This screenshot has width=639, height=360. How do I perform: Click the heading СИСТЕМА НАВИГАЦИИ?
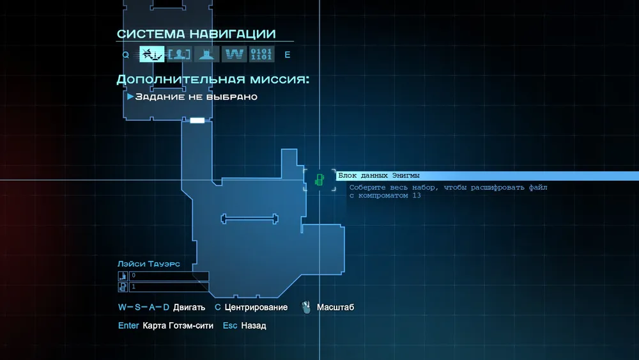pos(196,34)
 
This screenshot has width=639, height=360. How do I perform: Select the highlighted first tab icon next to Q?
pos(152,54)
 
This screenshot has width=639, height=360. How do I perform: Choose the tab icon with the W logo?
pos(235,54)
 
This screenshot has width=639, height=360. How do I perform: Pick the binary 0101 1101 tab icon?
pos(261,54)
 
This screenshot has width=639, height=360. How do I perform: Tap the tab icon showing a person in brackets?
pos(180,54)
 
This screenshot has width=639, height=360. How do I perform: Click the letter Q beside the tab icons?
pos(125,55)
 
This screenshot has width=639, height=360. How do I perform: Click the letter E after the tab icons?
pos(288,55)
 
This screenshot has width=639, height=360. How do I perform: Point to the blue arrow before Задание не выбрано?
pos(130,97)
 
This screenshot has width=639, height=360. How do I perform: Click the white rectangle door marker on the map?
pos(197,120)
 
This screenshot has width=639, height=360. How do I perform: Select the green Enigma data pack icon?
pos(319,180)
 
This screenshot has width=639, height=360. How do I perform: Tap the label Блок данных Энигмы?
pos(378,176)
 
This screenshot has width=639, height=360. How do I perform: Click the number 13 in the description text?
pos(417,195)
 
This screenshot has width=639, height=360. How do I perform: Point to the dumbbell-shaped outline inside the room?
pos(249,219)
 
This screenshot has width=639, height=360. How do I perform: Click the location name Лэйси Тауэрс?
pos(149,264)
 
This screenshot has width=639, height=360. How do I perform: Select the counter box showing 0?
pos(169,276)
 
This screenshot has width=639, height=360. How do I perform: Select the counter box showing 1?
pos(169,287)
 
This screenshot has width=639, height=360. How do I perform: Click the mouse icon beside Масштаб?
pos(306,307)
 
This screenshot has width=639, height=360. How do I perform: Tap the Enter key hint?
pos(128,325)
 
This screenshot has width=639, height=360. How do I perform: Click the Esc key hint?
pos(230,325)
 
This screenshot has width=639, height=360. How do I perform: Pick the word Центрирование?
pos(256,308)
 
